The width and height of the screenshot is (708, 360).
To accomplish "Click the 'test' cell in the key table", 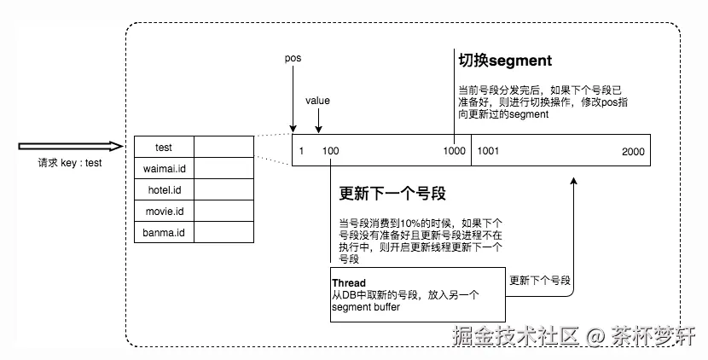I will click(x=164, y=147).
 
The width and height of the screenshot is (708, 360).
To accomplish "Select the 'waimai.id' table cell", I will click(x=164, y=168).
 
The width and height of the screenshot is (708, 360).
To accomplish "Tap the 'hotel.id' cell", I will click(x=164, y=189).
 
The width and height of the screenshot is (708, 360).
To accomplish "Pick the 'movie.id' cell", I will click(x=164, y=211).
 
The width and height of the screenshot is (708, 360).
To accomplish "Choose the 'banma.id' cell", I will click(x=164, y=232).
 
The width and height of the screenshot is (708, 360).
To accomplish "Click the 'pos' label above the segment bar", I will click(x=293, y=58).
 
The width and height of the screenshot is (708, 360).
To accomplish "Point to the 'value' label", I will click(x=317, y=101).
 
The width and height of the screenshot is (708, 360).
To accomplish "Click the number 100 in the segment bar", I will click(x=330, y=151).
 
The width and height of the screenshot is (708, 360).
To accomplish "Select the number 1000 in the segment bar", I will click(x=455, y=151).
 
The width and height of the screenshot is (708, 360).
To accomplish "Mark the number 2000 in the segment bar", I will click(x=633, y=151).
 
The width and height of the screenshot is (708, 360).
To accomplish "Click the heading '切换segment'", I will click(x=505, y=61).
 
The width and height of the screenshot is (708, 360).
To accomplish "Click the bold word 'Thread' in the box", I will click(x=349, y=283).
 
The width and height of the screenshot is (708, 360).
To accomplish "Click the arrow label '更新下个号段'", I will click(x=540, y=281).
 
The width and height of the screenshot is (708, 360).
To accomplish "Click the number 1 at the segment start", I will click(x=301, y=151).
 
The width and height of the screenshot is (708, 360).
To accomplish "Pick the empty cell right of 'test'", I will click(x=223, y=147).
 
